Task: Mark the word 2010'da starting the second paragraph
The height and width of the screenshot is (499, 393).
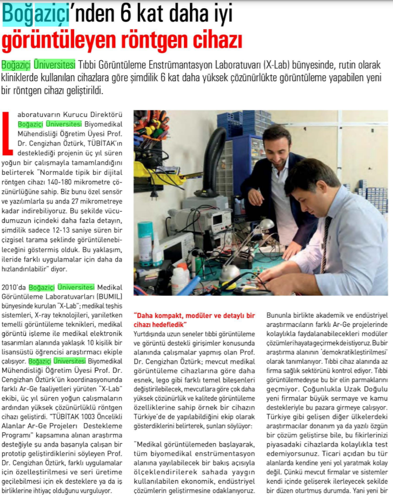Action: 14,287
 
